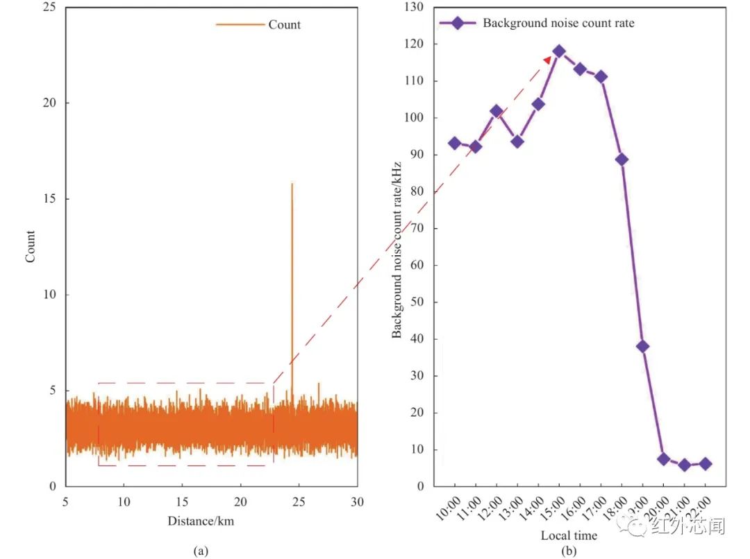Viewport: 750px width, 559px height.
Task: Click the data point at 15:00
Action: point(559,51)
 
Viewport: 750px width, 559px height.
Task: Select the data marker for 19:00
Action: point(642,346)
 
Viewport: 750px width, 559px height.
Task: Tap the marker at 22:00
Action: point(705,463)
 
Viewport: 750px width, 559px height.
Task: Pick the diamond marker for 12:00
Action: point(497,111)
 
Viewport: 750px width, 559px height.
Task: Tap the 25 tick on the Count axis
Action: point(51,7)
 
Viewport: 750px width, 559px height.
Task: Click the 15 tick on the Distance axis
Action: point(182,501)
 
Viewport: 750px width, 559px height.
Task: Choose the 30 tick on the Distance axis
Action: point(357,501)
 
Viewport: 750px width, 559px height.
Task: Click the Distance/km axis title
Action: point(201,521)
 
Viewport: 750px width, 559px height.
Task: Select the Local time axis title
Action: point(569,535)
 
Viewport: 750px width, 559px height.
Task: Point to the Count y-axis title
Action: point(30,246)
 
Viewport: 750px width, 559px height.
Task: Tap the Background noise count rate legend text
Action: point(558,23)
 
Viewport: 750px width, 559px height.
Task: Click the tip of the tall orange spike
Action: point(292,183)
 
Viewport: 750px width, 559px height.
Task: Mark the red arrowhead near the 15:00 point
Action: point(547,61)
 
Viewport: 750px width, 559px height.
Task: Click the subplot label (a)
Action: point(200,551)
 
